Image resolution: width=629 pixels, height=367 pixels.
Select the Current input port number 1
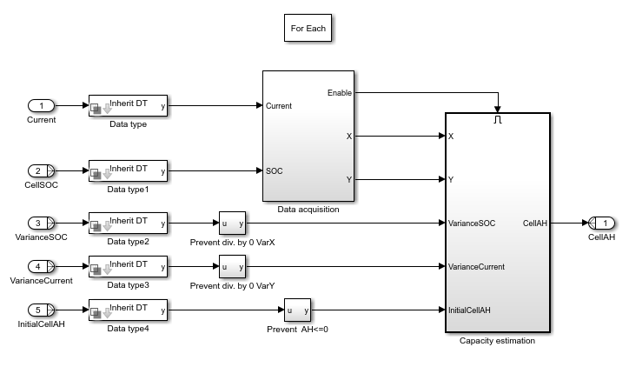point(41,106)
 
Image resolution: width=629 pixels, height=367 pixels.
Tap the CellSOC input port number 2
point(41,171)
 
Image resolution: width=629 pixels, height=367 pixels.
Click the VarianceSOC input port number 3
point(41,223)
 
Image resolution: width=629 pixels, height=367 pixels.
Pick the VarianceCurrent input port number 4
point(41,266)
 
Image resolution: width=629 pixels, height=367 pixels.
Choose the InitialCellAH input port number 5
point(41,309)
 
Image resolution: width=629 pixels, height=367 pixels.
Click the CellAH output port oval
point(601,223)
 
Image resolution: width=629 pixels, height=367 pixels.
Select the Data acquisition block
point(308,136)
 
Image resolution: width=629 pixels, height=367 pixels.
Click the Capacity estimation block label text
point(497,341)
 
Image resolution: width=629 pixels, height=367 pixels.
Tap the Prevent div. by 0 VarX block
point(232,223)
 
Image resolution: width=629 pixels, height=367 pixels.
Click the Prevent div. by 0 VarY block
point(232,266)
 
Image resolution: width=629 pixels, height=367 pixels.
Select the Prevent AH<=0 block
point(296,310)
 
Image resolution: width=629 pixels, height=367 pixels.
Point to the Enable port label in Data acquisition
point(340,92)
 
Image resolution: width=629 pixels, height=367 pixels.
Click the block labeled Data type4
point(128,310)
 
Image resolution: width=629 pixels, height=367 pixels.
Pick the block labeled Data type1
point(128,171)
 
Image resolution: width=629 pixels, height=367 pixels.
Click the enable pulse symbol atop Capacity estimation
point(498,120)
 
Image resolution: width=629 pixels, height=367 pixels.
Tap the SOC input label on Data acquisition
point(275,171)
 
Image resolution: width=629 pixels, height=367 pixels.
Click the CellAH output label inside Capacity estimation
point(533,223)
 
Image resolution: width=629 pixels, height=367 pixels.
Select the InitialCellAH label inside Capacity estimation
point(470,310)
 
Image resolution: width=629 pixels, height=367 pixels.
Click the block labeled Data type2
point(128,223)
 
